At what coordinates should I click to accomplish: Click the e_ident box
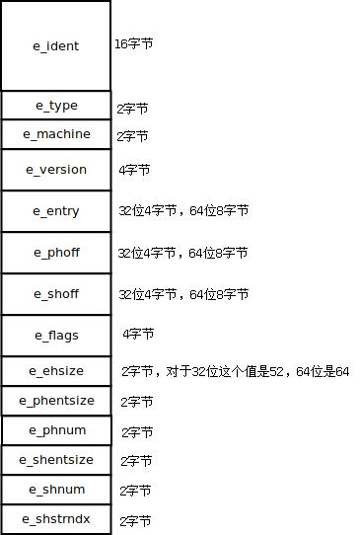point(56,46)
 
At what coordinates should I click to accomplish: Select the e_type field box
point(56,106)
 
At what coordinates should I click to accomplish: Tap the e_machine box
point(56,134)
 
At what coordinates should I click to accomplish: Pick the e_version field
point(56,170)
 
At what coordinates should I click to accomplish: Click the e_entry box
point(56,211)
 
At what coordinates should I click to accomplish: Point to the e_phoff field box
point(56,253)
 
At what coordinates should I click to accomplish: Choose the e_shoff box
point(56,294)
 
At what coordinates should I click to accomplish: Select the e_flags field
point(56,336)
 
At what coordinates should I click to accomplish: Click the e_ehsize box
point(56,371)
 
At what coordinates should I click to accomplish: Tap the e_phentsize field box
point(56,401)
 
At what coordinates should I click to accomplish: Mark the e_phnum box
point(56,430)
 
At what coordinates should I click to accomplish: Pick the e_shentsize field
point(56,460)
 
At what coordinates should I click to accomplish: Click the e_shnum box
point(56,490)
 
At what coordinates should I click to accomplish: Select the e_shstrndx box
point(56,519)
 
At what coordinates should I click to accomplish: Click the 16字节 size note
point(134,44)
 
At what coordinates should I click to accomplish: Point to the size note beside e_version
point(134,171)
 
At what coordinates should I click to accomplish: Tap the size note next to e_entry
point(183,211)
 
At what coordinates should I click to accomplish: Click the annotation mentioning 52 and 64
point(235,372)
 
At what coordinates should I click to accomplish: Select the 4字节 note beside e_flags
point(138,335)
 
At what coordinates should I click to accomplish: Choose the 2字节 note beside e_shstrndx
point(136,520)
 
